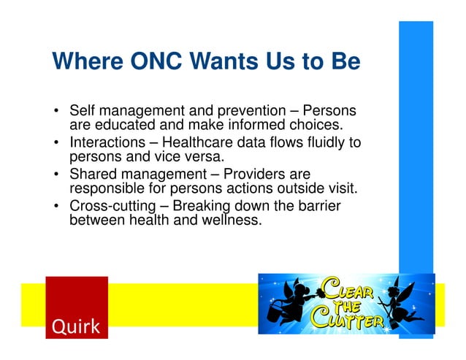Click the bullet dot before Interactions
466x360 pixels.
click(x=57, y=143)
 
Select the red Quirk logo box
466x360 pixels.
click(x=76, y=307)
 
